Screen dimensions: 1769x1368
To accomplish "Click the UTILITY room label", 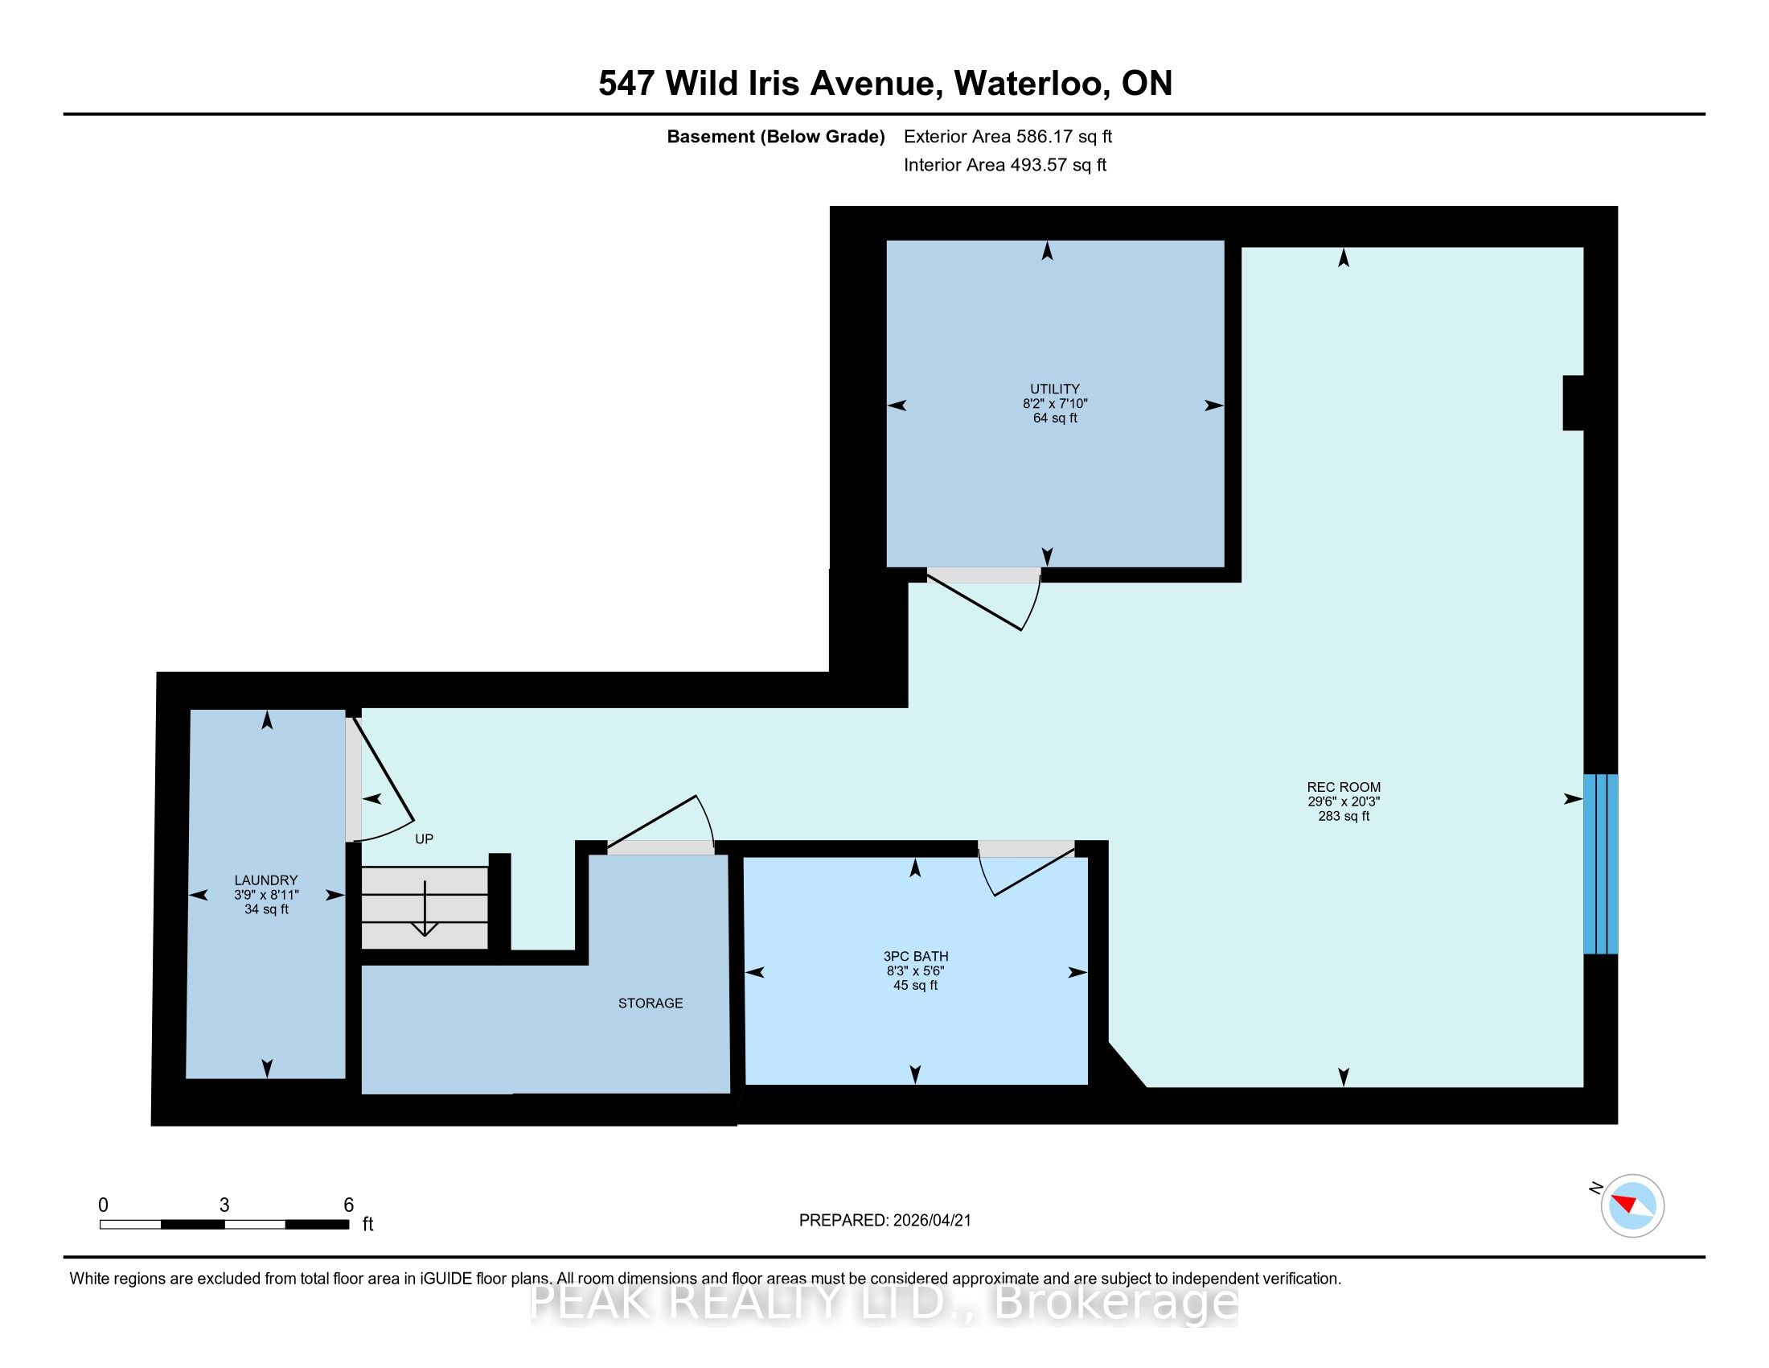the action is tap(1055, 389).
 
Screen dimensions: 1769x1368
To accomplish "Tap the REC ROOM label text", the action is tap(1344, 787).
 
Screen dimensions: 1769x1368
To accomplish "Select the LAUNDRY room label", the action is tap(265, 880).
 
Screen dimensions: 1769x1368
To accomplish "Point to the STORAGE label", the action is tap(651, 1003).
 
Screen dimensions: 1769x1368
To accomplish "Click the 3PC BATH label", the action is tap(915, 956).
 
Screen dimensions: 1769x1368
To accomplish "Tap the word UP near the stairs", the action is tap(425, 839).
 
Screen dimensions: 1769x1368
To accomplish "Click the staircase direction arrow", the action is tap(425, 908).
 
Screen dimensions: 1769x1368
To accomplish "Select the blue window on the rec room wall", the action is tap(1600, 864).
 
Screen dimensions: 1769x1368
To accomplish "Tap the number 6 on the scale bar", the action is tap(349, 1205).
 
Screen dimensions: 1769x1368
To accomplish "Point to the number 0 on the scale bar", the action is tap(103, 1205).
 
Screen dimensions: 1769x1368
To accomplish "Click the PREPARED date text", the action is tap(884, 1221).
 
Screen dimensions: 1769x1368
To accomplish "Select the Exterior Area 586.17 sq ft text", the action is tap(1008, 137).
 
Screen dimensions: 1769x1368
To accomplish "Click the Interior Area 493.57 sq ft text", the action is tap(1005, 165).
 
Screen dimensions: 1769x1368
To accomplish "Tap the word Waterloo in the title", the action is tap(1032, 84).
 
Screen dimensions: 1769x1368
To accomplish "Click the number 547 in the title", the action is tap(626, 84).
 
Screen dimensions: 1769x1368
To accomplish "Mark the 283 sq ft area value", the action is tap(1344, 816).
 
